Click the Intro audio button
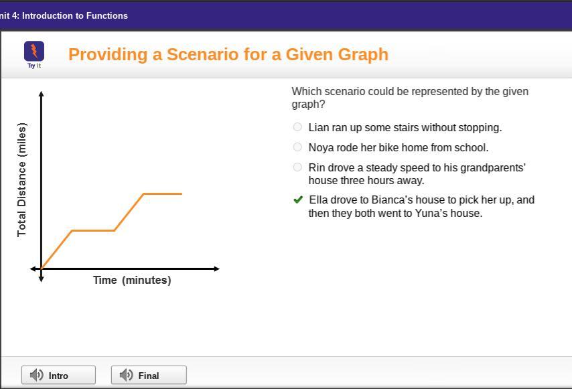pyautogui.click(x=58, y=375)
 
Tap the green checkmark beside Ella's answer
pyautogui.click(x=298, y=200)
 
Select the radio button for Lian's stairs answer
pyautogui.click(x=297, y=127)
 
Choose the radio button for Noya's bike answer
pyautogui.click(x=297, y=147)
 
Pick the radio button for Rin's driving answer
pyautogui.click(x=297, y=167)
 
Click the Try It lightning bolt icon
pyautogui.click(x=34, y=51)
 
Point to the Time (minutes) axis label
pyautogui.click(x=132, y=280)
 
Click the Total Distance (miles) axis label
pyautogui.click(x=21, y=179)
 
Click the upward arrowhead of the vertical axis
pyautogui.click(x=42, y=94)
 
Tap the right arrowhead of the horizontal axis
pyautogui.click(x=217, y=268)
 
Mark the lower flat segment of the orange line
pyautogui.click(x=93, y=230)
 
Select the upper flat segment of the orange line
pyautogui.click(x=163, y=193)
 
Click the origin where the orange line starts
pyautogui.click(x=42, y=268)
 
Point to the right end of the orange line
pyautogui.click(x=182, y=193)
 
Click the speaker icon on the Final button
pyautogui.click(x=126, y=375)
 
